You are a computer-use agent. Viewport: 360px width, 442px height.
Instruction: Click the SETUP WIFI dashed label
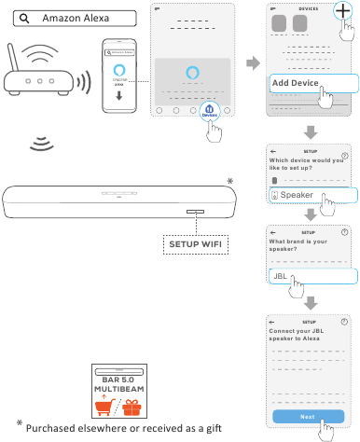tap(196, 244)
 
